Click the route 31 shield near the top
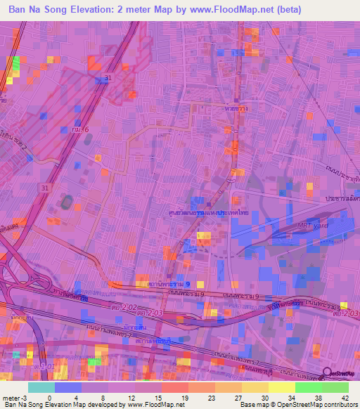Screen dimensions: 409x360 108,77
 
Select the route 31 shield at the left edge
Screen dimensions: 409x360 45,188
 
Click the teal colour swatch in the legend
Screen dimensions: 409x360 41,387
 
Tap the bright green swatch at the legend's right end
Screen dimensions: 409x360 335,387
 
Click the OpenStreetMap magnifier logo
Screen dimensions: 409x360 327,374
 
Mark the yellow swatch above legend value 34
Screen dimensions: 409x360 282,387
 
